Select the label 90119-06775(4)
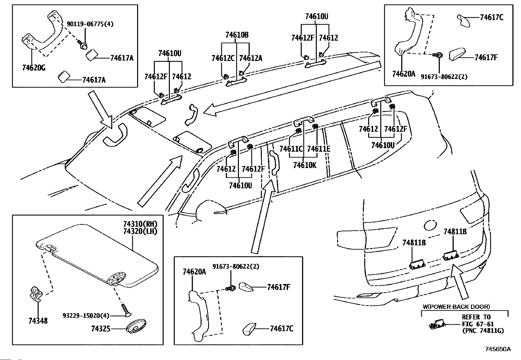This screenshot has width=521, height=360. [90, 24]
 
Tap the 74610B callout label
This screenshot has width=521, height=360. [237, 35]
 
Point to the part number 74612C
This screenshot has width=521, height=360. [223, 58]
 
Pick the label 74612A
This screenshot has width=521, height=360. [251, 58]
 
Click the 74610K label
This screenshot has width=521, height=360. [305, 165]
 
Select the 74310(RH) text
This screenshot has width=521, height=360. [140, 224]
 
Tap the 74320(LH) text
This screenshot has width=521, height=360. [140, 231]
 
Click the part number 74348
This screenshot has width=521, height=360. [38, 321]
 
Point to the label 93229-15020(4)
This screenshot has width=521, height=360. [86, 315]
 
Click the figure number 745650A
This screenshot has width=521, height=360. [498, 349]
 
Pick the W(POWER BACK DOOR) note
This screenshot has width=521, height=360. [456, 307]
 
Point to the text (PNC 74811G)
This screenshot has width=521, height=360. [483, 331]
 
